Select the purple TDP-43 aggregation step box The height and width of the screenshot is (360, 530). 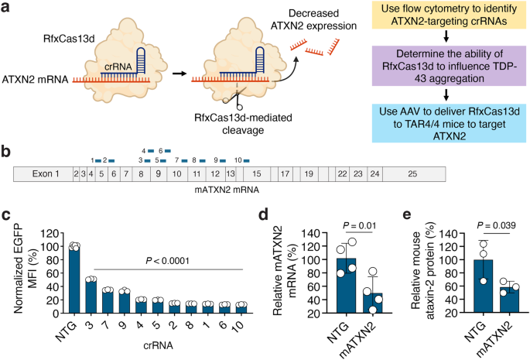tap(452, 69)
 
